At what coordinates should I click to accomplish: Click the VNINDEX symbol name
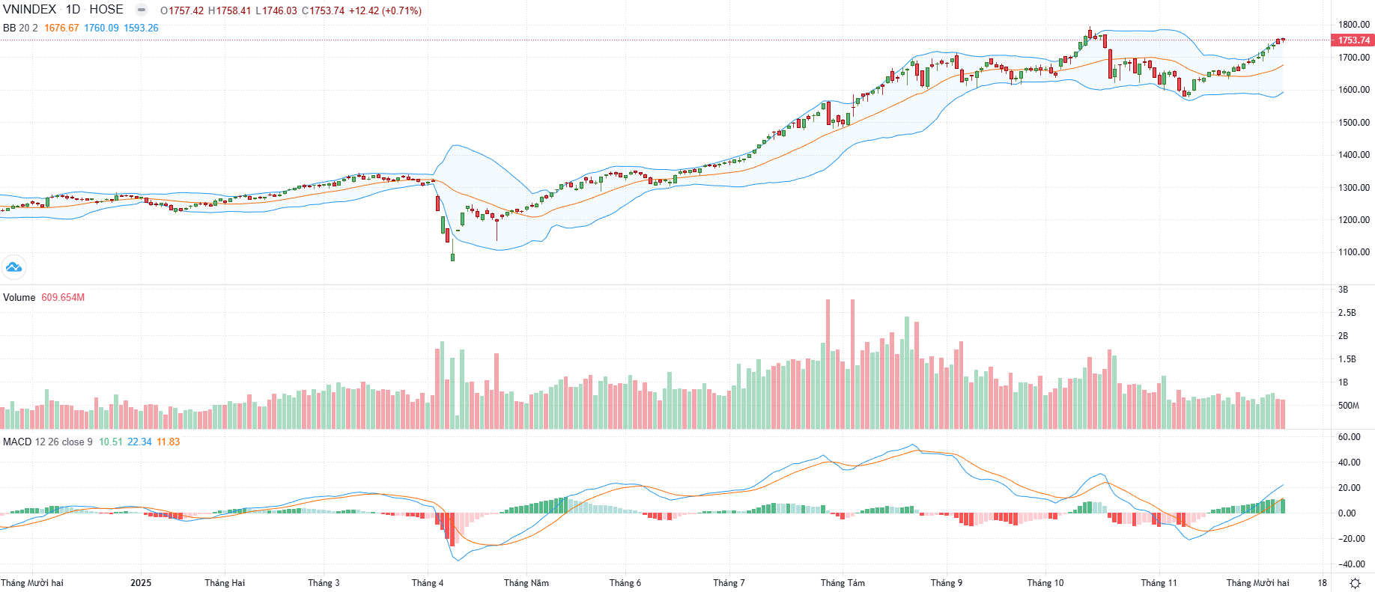coord(29,10)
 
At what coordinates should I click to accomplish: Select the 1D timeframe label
coord(73,10)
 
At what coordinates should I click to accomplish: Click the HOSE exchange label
coord(106,10)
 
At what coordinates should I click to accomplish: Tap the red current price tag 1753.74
coord(1353,40)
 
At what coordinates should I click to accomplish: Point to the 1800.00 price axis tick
coord(1353,25)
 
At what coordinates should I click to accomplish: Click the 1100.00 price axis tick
coord(1353,252)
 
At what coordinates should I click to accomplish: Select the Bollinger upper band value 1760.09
coord(101,28)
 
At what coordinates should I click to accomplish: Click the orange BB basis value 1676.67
coord(61,28)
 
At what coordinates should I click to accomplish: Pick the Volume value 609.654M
coord(63,298)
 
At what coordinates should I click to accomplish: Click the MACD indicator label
coord(17,442)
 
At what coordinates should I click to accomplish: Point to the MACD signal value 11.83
coord(168,442)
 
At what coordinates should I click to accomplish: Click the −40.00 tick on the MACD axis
coord(1351,564)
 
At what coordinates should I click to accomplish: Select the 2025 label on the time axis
coord(141,583)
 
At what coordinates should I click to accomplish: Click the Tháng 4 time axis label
coord(427,583)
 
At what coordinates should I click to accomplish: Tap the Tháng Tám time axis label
coord(843,583)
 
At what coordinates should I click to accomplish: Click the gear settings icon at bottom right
coord(1354,583)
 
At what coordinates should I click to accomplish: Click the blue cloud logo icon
coord(13,266)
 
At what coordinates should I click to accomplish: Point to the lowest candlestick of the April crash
coord(452,257)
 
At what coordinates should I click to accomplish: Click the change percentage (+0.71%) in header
coord(401,11)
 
